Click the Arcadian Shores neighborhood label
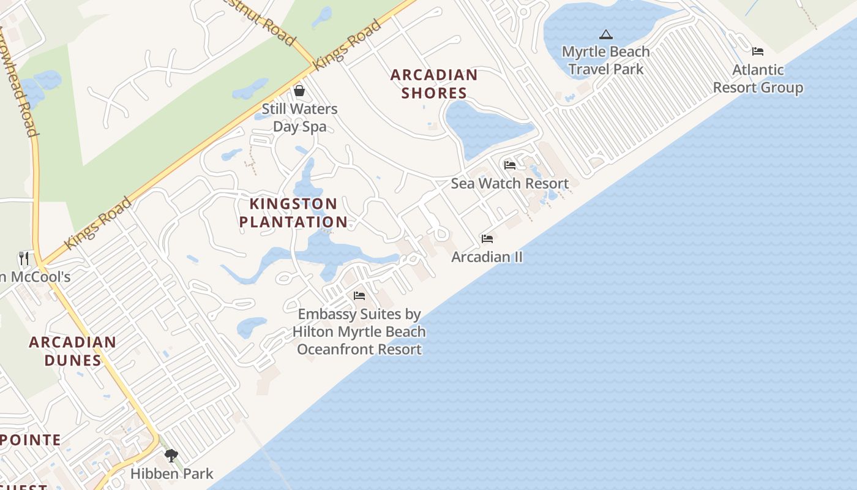coord(434,84)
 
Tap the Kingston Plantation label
coord(293,213)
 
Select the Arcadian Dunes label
coord(72,351)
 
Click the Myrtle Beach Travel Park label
coord(605,60)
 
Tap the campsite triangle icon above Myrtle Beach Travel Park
coord(606,35)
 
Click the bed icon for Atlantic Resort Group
coord(758,51)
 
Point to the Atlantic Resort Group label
coord(758,79)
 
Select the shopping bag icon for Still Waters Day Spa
coord(299,91)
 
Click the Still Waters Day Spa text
coord(299,118)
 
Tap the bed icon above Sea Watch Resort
coord(510,165)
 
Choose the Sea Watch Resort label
coord(510,183)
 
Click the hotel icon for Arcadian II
coord(487,238)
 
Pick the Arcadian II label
coord(487,257)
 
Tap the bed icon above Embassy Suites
coord(359,296)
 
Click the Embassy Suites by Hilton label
coord(359,331)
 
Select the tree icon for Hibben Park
coord(171,455)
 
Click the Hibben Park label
coord(172,473)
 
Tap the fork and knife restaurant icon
coord(24,258)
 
